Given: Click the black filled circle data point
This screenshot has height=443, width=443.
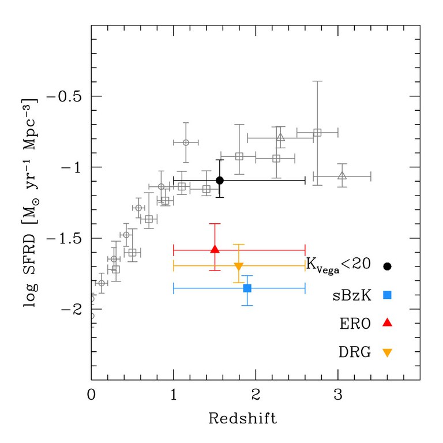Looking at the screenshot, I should (220, 181).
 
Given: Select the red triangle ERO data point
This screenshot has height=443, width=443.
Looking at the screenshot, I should (215, 250).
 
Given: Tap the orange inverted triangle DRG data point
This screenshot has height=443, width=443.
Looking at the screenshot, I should (239, 266).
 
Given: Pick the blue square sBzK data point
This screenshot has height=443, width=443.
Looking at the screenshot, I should (247, 288).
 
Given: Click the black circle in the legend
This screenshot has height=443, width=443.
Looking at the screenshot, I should (388, 266).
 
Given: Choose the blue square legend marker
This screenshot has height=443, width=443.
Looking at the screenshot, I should (388, 295).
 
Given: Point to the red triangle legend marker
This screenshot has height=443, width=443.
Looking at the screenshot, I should (388, 323).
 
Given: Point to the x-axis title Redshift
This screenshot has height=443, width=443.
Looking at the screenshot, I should (242, 418).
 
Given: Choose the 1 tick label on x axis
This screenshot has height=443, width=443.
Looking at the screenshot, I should (174, 396).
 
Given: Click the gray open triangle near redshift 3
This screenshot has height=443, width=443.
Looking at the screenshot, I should (342, 175).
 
